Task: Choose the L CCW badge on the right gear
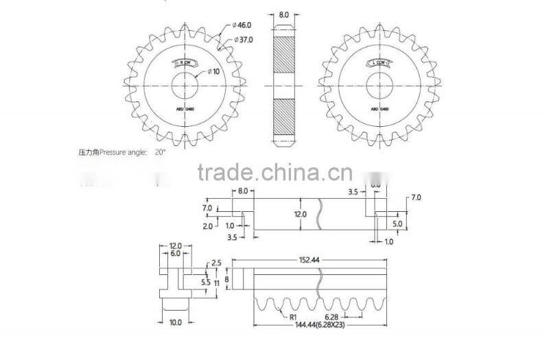point(378,62)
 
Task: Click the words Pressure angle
point(124,153)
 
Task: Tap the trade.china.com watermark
point(274,171)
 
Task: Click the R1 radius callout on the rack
point(291,317)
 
